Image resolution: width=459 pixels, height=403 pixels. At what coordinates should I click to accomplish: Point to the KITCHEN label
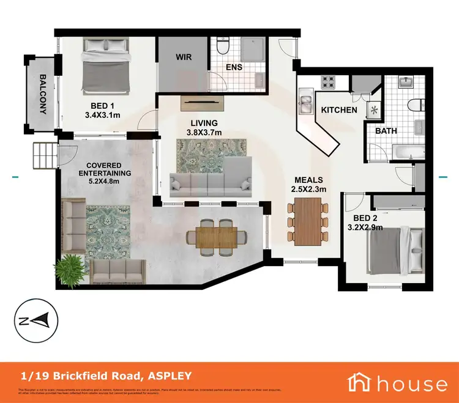pos(340,110)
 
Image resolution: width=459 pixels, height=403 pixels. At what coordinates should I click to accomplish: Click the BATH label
pos(386,131)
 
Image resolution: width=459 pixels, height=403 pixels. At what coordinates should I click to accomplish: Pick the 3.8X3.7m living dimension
pos(204,132)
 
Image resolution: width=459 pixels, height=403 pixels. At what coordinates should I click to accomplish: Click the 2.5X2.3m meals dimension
pos(310,190)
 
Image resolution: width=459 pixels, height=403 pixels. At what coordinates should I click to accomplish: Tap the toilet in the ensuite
pos(223,47)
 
